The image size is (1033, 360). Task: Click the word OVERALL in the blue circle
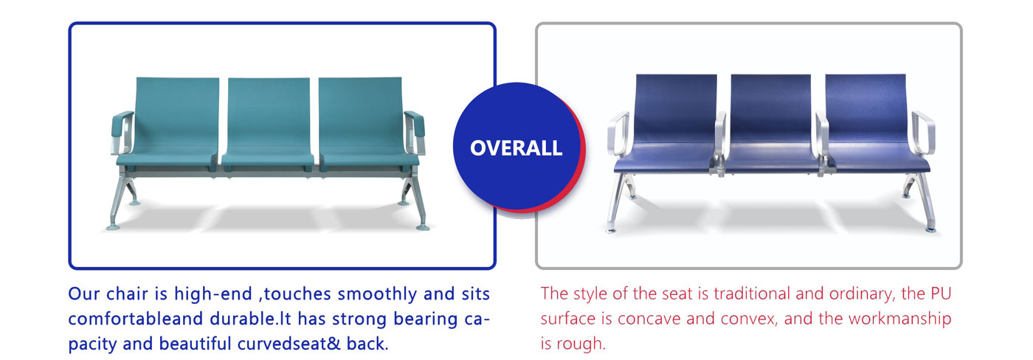[x=516, y=148]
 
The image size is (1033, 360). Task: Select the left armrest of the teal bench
[x=122, y=132]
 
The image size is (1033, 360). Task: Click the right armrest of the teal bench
[x=414, y=132]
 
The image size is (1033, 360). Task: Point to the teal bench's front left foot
[x=113, y=226]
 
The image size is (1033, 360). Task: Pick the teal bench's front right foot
[x=423, y=226]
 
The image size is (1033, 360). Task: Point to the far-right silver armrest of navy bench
[x=924, y=134]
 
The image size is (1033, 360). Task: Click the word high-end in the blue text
[x=213, y=294]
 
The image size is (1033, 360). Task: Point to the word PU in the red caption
[x=941, y=294]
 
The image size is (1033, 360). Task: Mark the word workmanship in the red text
[x=900, y=319]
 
